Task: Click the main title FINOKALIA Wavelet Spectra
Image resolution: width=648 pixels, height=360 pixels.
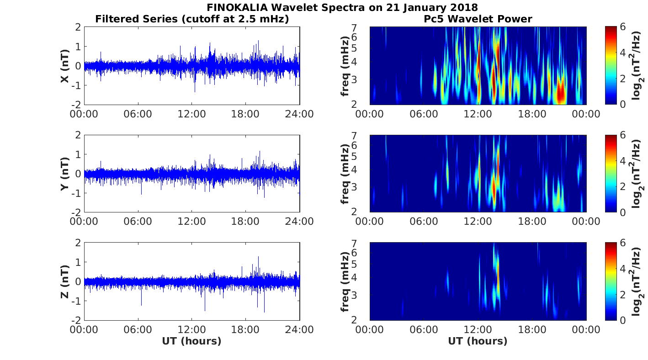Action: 342,7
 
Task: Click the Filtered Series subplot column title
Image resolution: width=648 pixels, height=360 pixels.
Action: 192,19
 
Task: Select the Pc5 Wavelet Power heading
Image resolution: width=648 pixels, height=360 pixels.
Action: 477,19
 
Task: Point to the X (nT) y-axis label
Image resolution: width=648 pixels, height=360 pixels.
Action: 65,66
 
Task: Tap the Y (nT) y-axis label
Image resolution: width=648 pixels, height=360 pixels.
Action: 65,174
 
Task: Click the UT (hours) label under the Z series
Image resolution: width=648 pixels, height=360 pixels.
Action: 191,341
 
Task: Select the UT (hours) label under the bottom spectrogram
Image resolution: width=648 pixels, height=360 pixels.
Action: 478,341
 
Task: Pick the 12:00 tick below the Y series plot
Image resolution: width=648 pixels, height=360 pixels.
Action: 191,222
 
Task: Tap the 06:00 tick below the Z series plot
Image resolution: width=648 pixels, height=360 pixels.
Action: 138,329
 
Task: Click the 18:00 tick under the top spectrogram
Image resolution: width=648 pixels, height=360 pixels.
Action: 532,114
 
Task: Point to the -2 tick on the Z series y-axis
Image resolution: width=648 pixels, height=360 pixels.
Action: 77,319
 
